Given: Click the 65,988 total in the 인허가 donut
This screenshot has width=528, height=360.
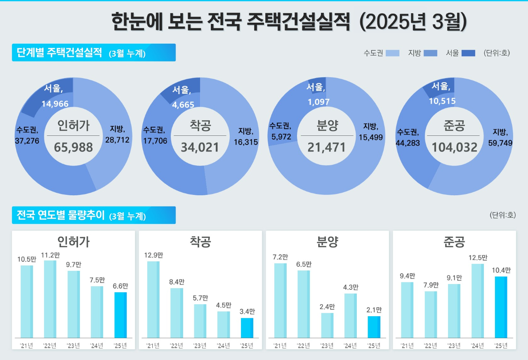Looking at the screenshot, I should click(x=73, y=147).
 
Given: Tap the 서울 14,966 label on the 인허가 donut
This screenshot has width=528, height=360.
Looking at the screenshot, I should click(x=55, y=97).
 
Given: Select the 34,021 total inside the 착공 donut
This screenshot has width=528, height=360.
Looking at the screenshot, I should click(x=200, y=147).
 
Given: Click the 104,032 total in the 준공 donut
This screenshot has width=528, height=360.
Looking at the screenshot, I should click(x=454, y=147).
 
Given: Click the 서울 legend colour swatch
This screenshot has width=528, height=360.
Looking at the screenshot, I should click(x=468, y=53).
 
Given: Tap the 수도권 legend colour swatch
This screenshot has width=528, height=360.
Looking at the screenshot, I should click(x=392, y=53).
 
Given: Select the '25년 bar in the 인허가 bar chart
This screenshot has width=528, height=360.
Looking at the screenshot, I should click(x=120, y=315).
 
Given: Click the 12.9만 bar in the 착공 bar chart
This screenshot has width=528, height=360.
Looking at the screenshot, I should click(x=153, y=299).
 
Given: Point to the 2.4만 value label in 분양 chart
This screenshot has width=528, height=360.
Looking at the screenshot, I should click(x=327, y=307).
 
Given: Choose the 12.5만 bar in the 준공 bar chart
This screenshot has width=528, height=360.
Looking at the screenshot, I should click(x=478, y=301).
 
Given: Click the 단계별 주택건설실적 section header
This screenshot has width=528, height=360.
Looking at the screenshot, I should click(x=94, y=53).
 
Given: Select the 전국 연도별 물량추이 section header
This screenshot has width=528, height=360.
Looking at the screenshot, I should click(x=94, y=216).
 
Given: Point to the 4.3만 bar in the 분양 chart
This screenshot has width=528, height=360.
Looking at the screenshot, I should click(x=350, y=315).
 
